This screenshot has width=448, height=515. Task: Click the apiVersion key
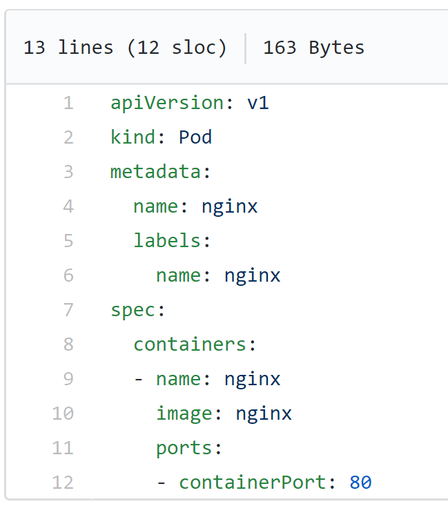(166, 104)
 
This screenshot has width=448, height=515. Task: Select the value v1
(258, 104)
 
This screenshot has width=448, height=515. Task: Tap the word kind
(133, 137)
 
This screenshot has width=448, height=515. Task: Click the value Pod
(195, 137)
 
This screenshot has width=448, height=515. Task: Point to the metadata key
(155, 172)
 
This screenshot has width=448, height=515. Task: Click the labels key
(167, 241)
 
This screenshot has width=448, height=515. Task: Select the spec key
(133, 310)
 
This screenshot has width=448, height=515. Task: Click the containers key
(190, 344)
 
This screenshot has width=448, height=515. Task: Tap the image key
(184, 414)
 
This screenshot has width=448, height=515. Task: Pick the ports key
(184, 448)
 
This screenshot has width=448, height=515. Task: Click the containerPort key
(252, 483)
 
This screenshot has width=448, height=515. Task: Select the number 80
(360, 483)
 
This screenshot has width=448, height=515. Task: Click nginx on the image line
(264, 414)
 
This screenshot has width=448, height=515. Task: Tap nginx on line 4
(229, 206)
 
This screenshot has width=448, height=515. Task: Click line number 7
(68, 310)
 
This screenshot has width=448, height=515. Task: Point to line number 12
(62, 483)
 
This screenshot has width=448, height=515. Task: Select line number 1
(68, 104)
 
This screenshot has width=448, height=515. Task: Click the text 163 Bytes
(313, 48)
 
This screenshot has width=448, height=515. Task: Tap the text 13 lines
(68, 48)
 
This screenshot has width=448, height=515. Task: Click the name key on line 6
(178, 275)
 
